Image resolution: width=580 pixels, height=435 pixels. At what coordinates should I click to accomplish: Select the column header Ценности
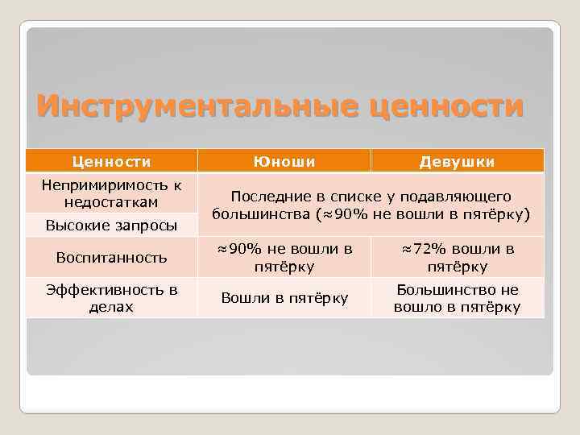pyautogui.click(x=112, y=162)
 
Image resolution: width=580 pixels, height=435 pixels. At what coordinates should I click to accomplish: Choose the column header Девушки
pyautogui.click(x=457, y=162)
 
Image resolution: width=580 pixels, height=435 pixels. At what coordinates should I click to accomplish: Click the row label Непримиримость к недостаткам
pyautogui.click(x=112, y=193)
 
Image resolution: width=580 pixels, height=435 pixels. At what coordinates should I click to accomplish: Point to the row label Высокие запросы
pyautogui.click(x=112, y=225)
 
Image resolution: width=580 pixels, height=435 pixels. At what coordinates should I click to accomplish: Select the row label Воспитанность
pyautogui.click(x=112, y=257)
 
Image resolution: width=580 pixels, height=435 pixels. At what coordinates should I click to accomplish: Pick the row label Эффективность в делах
pyautogui.click(x=112, y=297)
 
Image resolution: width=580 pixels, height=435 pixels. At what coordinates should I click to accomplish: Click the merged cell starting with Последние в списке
pyautogui.click(x=371, y=205)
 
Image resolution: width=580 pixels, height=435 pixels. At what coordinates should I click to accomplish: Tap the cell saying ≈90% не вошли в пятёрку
pyautogui.click(x=284, y=257)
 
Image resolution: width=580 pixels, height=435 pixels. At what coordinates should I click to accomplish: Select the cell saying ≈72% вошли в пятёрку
pyautogui.click(x=457, y=257)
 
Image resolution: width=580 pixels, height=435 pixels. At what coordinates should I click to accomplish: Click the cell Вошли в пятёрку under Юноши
pyautogui.click(x=284, y=298)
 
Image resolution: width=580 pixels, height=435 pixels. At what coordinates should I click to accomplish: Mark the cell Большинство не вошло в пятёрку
pyautogui.click(x=457, y=298)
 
